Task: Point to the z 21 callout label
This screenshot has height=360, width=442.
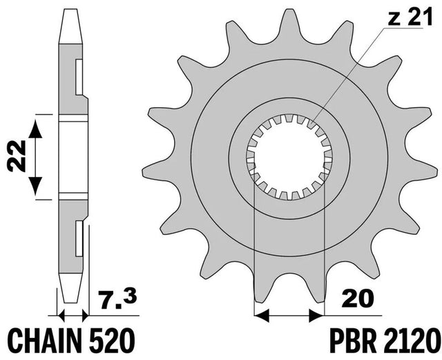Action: (410, 17)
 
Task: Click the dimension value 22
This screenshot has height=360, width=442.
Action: (17, 156)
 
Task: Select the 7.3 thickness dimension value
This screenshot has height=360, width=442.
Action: (117, 299)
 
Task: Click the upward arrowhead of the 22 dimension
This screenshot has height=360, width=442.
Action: (35, 129)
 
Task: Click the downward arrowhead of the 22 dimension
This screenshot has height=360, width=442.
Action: (35, 186)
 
